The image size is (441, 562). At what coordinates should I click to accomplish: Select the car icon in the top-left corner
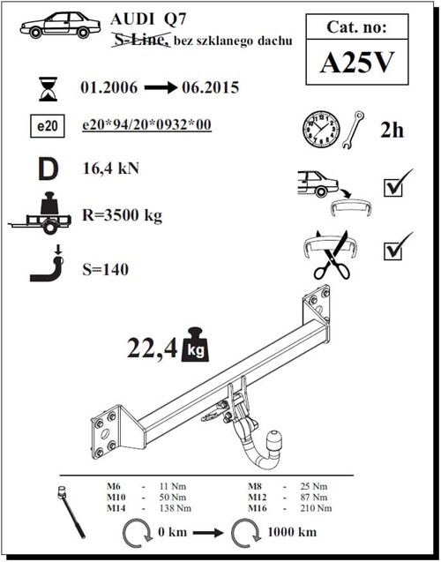pos(58,25)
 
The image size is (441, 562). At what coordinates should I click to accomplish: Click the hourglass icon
pos(46,90)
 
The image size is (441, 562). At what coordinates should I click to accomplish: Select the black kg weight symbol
pos(197,350)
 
